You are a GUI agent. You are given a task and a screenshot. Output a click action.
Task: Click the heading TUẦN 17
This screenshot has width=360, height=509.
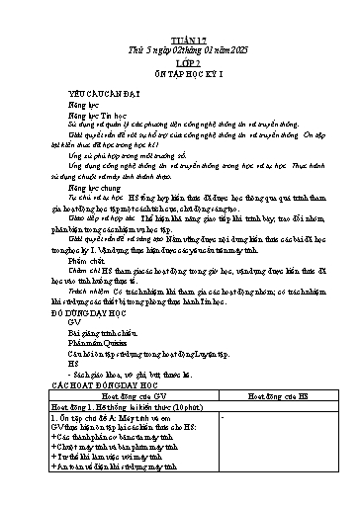pos(179,36)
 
